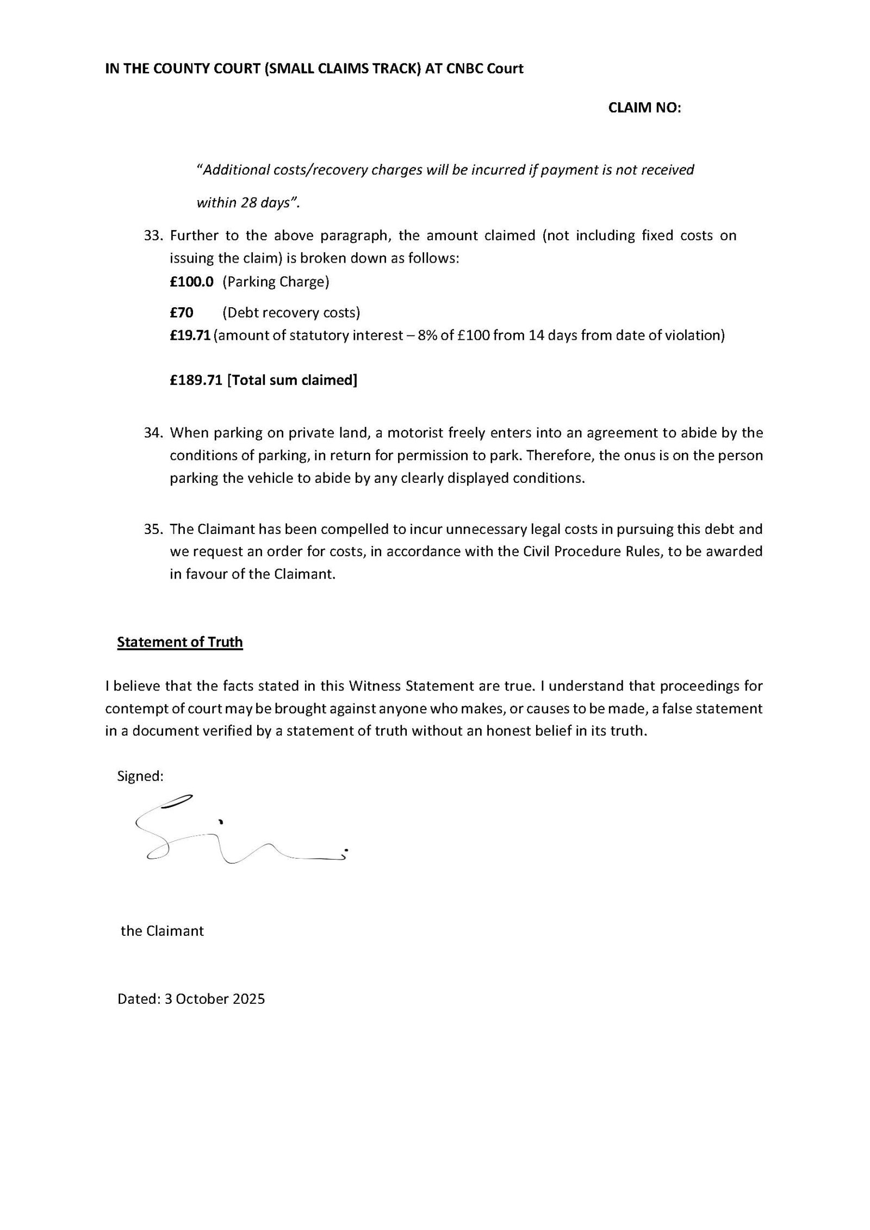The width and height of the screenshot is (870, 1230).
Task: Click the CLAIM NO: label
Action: click(x=644, y=108)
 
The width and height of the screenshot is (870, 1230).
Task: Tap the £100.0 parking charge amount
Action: click(x=191, y=282)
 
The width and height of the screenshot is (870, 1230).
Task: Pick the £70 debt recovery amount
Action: click(x=181, y=313)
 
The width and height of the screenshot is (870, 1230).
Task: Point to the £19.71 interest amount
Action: click(x=190, y=335)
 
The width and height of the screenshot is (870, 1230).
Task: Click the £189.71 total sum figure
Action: click(x=196, y=380)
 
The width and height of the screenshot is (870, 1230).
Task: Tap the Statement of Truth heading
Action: click(x=180, y=642)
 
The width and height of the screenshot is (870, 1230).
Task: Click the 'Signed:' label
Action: click(x=140, y=776)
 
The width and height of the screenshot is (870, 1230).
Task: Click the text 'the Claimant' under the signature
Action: click(x=162, y=930)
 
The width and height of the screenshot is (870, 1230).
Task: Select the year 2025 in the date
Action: click(x=248, y=999)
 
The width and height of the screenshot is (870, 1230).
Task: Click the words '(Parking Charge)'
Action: click(x=276, y=282)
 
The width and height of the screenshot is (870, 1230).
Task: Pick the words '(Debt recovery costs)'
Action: click(x=291, y=313)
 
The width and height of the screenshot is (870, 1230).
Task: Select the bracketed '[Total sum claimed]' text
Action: click(x=292, y=380)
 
